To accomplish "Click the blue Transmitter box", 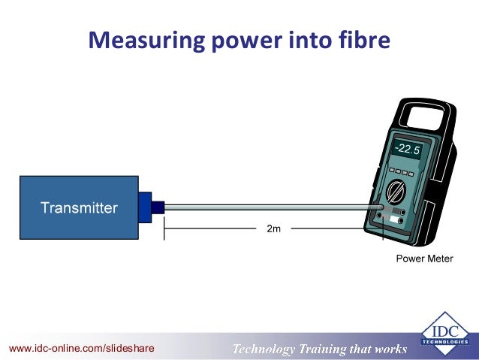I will coord(78,207).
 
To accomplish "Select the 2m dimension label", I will coord(273,228).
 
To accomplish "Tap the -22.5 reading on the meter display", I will coord(409,149).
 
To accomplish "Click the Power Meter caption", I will coord(425,259).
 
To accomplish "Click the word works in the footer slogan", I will coord(391,349).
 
